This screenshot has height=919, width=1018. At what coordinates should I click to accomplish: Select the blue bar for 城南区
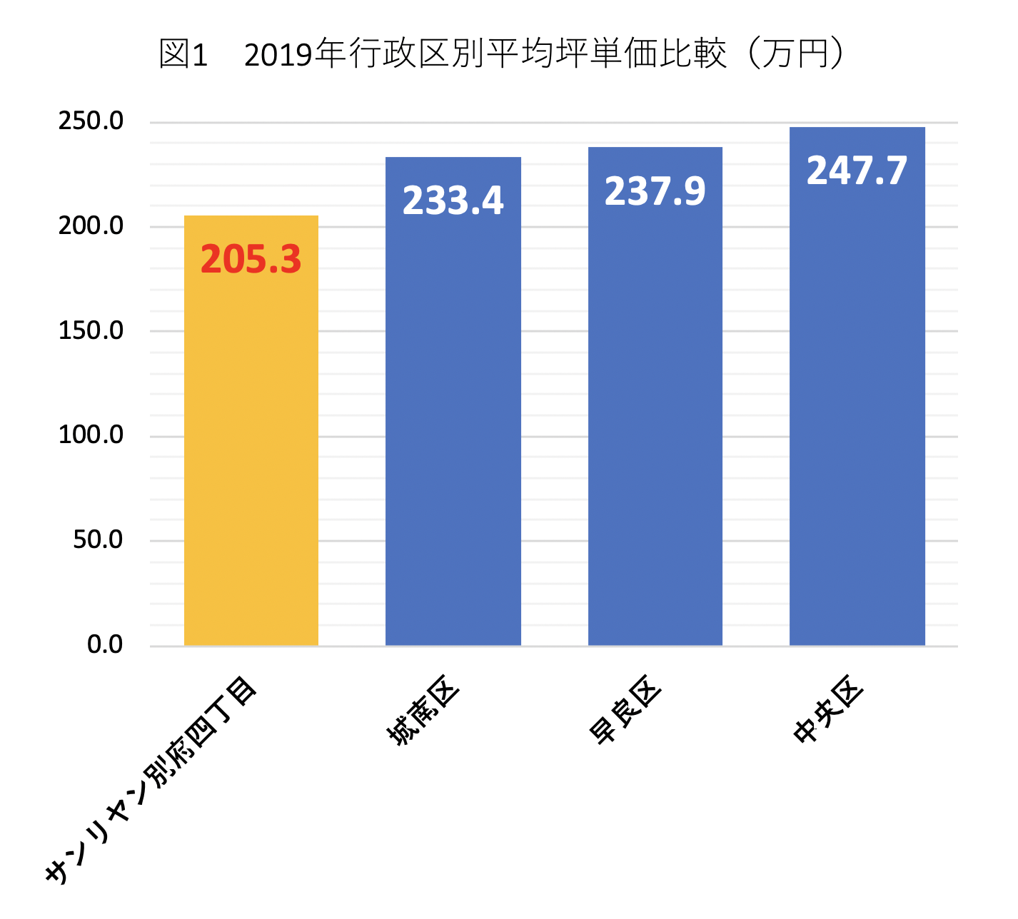(x=453, y=428)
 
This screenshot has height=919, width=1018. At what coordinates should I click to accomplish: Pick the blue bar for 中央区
(x=857, y=414)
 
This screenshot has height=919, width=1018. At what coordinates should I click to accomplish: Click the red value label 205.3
(x=251, y=260)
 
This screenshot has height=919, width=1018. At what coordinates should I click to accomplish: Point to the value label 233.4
(x=453, y=200)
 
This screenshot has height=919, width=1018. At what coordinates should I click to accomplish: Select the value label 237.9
(x=655, y=191)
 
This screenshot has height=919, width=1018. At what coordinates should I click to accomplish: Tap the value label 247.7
(x=857, y=171)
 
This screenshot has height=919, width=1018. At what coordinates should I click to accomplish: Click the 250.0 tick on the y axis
(x=91, y=121)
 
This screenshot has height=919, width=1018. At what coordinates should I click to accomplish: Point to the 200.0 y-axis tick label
(x=91, y=226)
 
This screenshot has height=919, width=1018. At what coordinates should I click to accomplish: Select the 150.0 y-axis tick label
(x=91, y=331)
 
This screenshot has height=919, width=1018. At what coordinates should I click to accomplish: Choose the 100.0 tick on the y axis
(x=91, y=435)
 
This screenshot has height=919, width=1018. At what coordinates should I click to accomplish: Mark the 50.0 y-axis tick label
(x=98, y=540)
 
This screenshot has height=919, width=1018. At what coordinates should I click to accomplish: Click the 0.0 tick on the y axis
(x=105, y=645)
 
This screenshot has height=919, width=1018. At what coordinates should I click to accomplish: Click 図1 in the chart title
(x=183, y=55)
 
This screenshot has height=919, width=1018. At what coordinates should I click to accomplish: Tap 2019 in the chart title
(x=279, y=55)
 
